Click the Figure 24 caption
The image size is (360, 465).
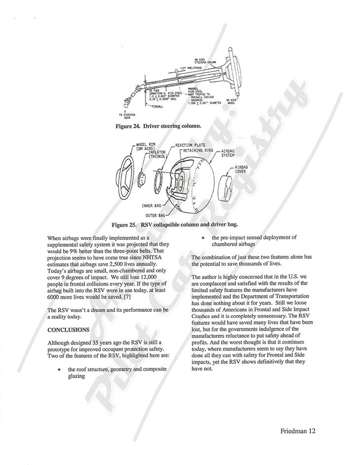click(x=158, y=126)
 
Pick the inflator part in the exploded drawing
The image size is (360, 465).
click(x=141, y=176)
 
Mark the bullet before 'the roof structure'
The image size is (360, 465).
click(x=59, y=369)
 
